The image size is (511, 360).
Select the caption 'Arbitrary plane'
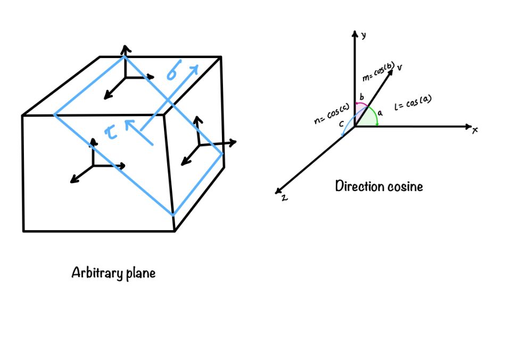113,273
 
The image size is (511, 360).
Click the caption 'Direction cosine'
379,186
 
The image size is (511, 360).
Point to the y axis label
364,35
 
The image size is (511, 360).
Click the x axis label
475,130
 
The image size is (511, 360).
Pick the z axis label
284,198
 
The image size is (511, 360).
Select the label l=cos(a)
413,103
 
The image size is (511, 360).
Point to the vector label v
399,67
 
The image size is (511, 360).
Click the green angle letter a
380,113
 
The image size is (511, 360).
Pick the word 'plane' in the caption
141,273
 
